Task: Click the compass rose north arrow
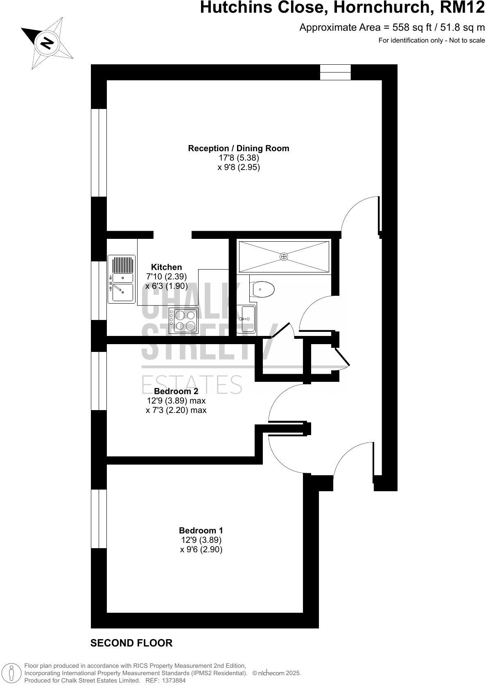[47, 43]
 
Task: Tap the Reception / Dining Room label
[238, 148]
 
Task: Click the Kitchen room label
[166, 267]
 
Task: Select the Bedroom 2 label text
[176, 391]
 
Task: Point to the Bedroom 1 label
[201, 531]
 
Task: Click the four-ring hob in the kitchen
[185, 320]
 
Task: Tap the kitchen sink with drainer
[121, 279]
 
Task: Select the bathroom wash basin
[247, 318]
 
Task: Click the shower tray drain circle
[284, 256]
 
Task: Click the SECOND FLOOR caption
[131, 643]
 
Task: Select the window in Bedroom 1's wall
[99, 519]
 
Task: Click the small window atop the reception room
[335, 72]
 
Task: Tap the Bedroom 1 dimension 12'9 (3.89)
[201, 540]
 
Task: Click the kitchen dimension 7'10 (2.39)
[166, 277]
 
